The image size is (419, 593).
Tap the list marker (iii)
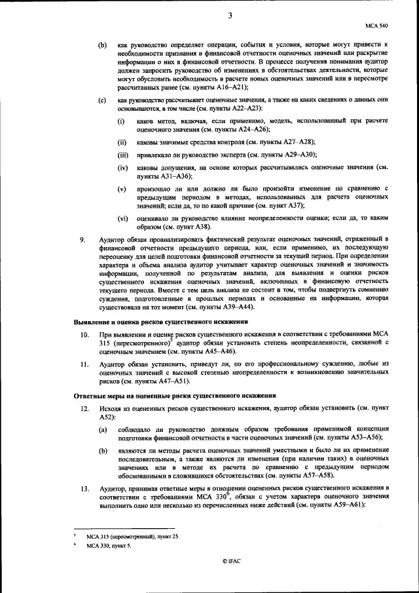pos(122,155)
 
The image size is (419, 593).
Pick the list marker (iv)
pos(122,168)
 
